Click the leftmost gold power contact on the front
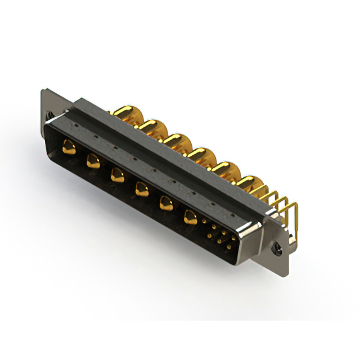click(69, 148)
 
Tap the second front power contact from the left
click(93, 163)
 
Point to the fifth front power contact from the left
click(166, 203)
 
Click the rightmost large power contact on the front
click(191, 216)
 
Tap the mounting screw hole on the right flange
click(277, 246)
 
